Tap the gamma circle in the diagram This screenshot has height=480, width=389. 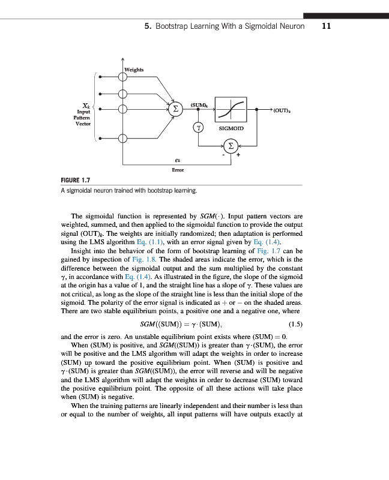coord(198,127)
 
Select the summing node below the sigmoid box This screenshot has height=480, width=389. coord(230,145)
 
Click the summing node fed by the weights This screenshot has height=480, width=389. coord(175,110)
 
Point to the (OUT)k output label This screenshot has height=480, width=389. coord(282,111)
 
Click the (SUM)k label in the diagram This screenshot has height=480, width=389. coord(199,104)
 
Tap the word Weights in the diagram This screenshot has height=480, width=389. coord(134,70)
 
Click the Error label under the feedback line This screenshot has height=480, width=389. coord(178,170)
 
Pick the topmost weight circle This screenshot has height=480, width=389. coord(123,76)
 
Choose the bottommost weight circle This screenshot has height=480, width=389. coord(123,139)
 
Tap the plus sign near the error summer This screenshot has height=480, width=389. coord(238,155)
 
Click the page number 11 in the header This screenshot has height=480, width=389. coord(327,26)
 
